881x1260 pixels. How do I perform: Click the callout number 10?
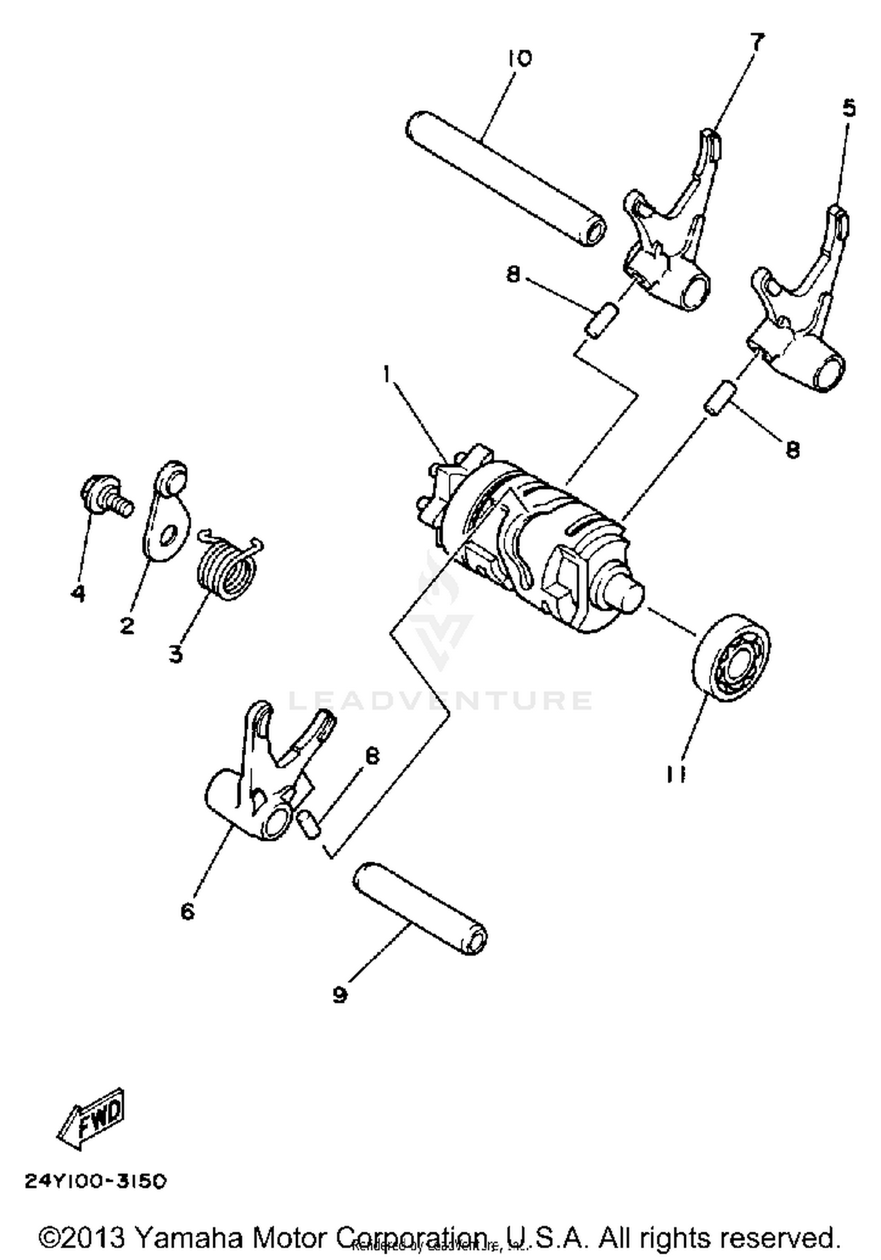point(520,58)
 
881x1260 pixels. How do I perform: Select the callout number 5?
point(849,108)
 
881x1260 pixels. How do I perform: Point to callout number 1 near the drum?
point(386,374)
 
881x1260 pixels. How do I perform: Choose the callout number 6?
point(187,912)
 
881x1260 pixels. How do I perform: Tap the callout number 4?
point(78,593)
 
